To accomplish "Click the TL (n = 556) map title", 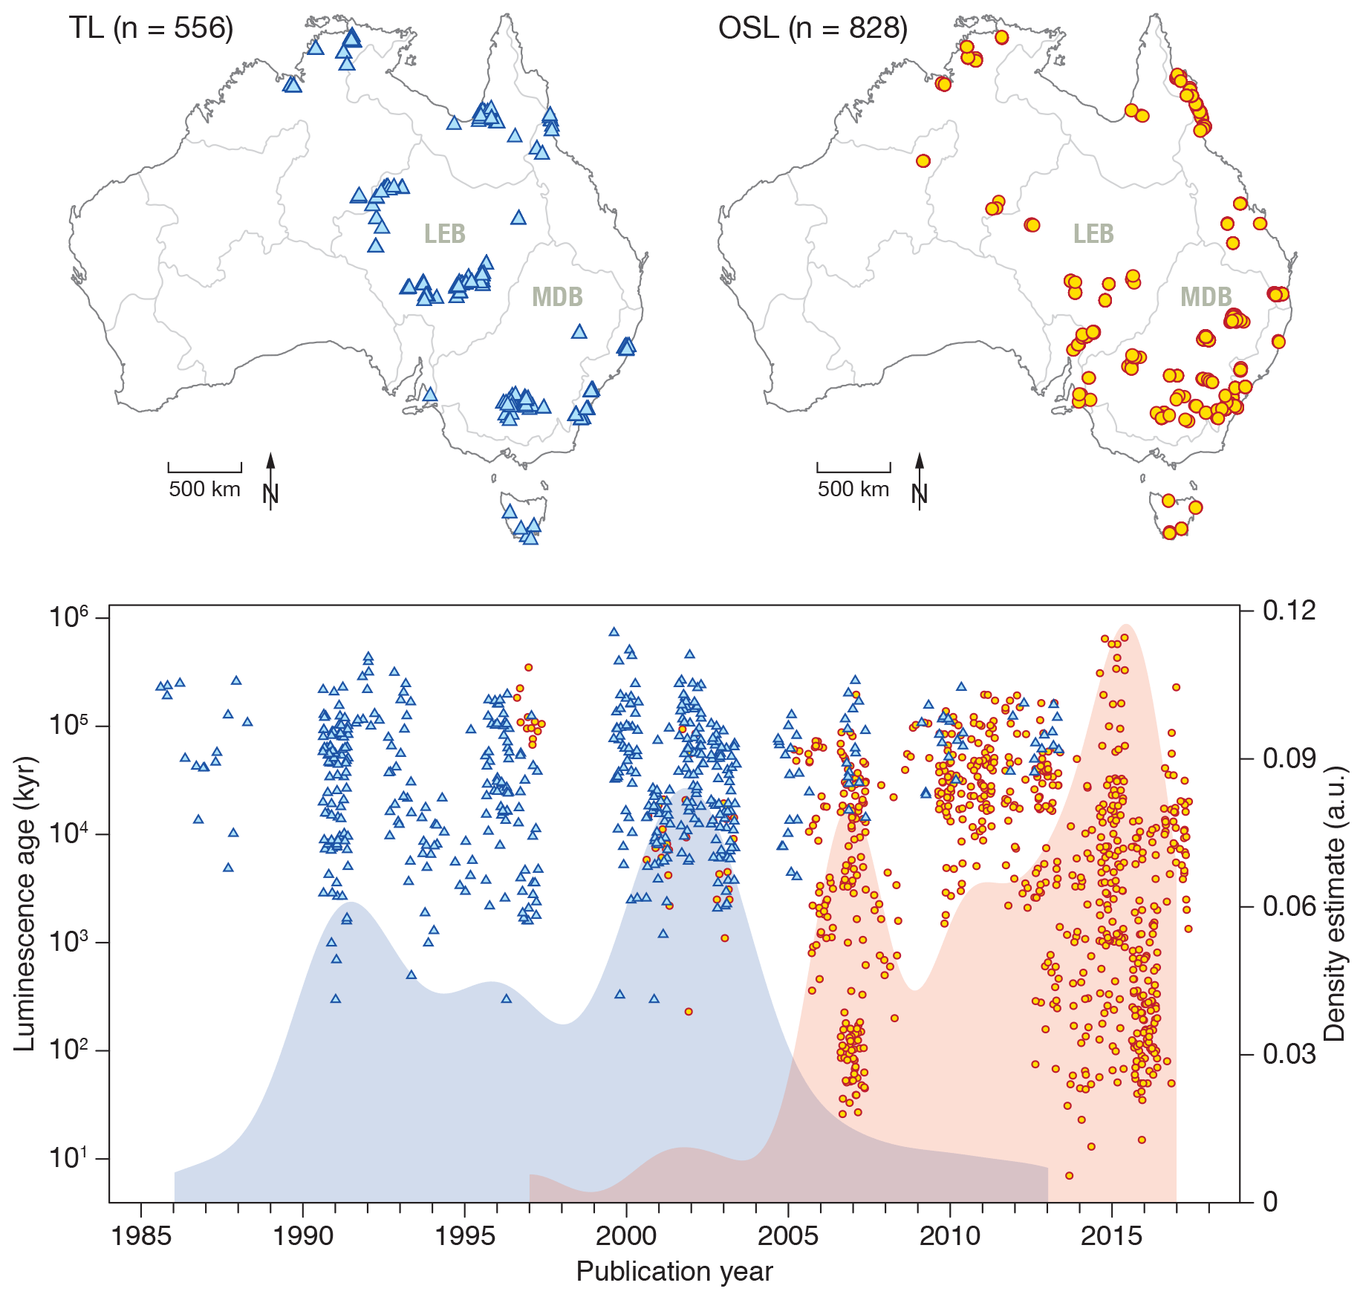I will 152,28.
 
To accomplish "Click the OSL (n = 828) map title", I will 813,28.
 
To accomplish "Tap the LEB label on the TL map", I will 444,233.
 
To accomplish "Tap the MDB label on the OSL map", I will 1206,297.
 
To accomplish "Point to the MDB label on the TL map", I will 557,297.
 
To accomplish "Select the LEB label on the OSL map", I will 1093,233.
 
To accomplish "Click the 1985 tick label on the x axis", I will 141,1236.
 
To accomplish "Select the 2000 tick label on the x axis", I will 626,1236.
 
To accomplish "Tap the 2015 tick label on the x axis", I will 1111,1236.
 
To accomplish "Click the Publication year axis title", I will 674,1272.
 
